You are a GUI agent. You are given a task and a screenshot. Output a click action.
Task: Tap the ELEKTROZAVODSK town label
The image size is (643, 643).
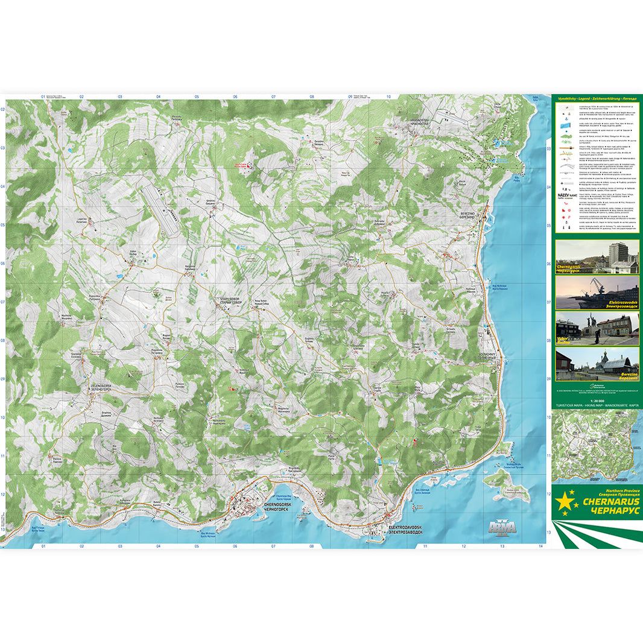point(405,529)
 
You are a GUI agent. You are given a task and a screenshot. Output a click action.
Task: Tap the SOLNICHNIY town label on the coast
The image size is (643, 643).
point(487,356)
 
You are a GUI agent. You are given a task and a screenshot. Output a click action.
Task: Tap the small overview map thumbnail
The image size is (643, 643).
point(597,446)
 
